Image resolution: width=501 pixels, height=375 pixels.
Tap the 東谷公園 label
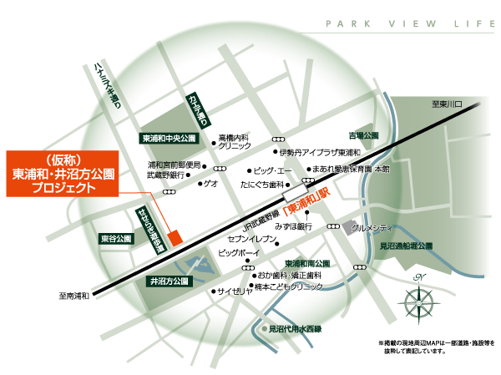[x=115, y=239]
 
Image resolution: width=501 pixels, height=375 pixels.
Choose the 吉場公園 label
[x=363, y=134]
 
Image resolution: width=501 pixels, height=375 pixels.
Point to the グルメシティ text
[x=372, y=226]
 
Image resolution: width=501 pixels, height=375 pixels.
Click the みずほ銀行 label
[x=292, y=226]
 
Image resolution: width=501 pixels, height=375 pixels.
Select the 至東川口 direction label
[x=453, y=104]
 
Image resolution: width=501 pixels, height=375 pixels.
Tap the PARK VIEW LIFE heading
[x=408, y=23]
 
